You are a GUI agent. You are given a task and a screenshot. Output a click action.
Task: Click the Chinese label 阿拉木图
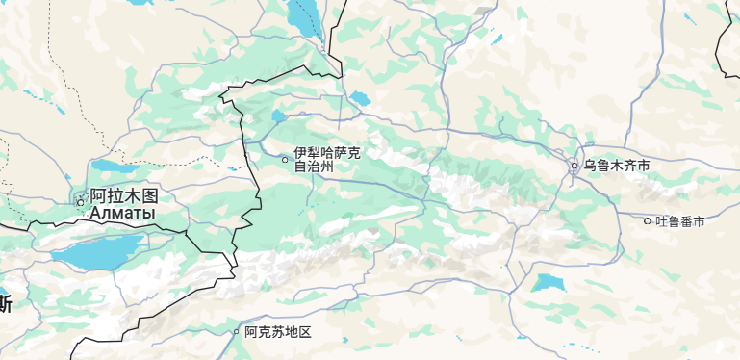coord(123,195)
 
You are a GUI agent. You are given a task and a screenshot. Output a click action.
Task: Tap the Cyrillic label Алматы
coord(122,212)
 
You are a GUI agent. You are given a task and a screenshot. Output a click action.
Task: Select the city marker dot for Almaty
coord(80,202)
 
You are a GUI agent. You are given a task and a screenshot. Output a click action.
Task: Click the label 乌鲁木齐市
coord(617,166)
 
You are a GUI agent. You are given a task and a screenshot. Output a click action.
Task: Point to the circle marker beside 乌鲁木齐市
coord(574,166)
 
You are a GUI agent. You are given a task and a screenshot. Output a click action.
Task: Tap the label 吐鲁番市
coord(680,221)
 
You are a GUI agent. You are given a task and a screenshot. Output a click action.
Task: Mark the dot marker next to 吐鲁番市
coord(648,221)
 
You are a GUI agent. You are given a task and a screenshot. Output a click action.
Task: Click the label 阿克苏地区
coord(278,332)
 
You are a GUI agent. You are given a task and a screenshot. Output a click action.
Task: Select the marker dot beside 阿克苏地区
coord(237,332)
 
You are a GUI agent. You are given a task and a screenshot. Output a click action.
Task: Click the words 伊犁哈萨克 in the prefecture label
coord(327,152)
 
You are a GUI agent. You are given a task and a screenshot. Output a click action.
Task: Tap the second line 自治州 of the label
coord(314,166)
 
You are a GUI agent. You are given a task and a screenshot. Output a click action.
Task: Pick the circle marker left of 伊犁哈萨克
coord(284,159)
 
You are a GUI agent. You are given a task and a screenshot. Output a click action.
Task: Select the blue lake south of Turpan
coord(549,282)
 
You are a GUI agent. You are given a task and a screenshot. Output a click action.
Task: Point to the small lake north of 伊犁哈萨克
coord(360,98)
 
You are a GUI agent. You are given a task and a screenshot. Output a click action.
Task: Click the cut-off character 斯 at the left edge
coord(5,304)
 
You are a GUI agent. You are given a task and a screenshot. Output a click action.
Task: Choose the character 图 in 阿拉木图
coord(147,195)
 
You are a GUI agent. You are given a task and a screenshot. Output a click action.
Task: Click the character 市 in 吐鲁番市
coord(699,221)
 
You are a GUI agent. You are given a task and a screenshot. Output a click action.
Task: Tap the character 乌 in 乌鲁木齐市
coord(590,166)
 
